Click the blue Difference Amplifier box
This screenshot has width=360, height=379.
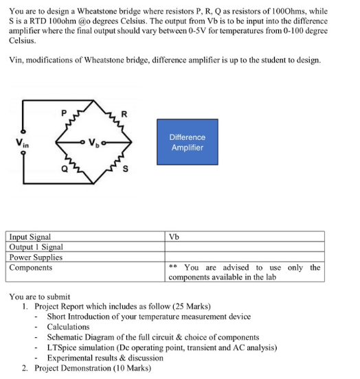[187, 142]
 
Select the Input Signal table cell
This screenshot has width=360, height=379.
[30, 237]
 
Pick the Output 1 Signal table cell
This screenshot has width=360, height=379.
[36, 247]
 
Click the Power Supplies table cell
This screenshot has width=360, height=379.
[36, 257]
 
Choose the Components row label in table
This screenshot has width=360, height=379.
[31, 268]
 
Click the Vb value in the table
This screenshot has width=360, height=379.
[174, 237]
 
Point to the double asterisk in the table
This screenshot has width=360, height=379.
[173, 268]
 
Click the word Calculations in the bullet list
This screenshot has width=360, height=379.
[68, 327]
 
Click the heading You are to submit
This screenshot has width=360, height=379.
[39, 296]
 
